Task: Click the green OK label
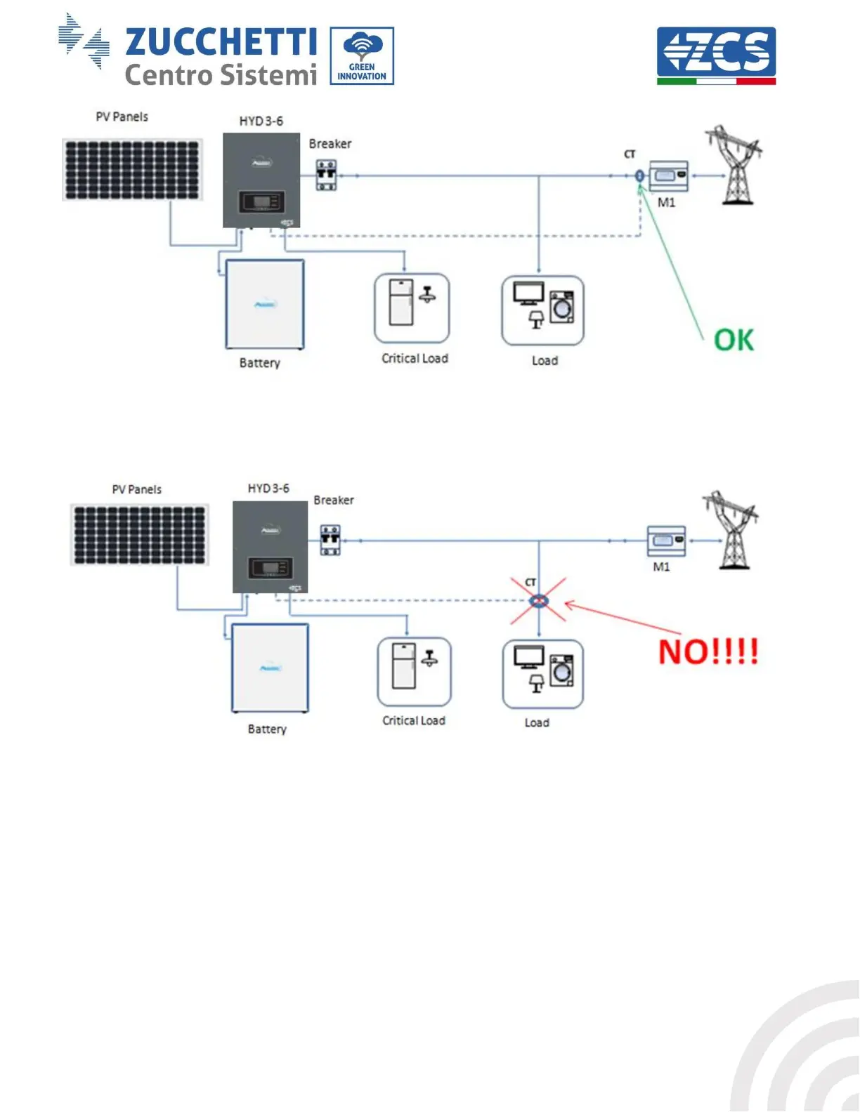734,340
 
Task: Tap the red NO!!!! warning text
708,652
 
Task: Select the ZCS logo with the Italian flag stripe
716,55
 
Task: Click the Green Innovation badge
362,56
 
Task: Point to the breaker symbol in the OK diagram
326,175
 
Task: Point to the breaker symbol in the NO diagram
330,540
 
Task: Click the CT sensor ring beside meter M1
639,176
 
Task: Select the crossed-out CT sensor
538,600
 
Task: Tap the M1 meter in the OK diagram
668,176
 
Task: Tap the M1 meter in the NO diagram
665,541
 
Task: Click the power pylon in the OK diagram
735,166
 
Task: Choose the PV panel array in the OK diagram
132,170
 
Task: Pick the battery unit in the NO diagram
270,668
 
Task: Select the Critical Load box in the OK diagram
412,309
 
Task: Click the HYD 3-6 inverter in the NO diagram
270,547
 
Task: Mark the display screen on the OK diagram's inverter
261,202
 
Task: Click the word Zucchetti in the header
221,42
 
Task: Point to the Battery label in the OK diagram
259,363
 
